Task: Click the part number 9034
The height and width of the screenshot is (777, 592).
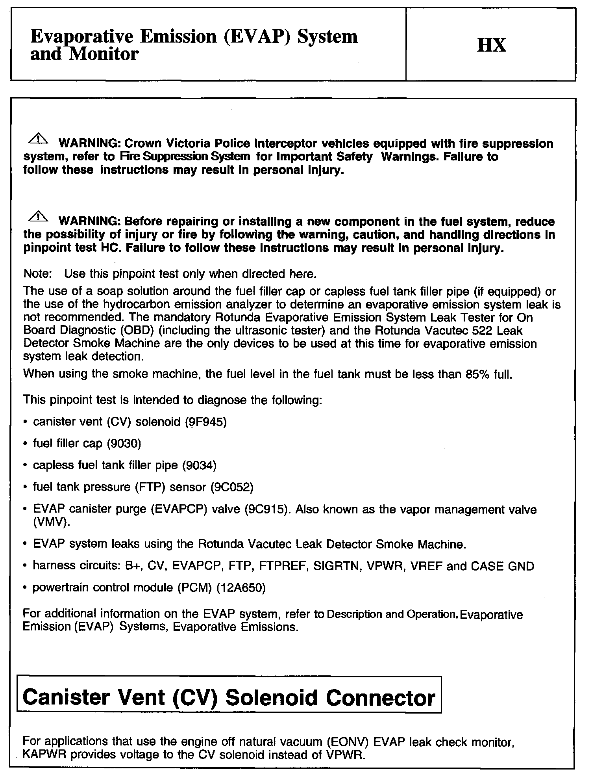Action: click(199, 466)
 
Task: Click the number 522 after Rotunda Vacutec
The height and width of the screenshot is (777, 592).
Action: click(468, 331)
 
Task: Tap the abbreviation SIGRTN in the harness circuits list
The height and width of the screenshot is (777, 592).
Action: click(337, 567)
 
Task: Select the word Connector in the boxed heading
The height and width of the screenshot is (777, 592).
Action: click(380, 698)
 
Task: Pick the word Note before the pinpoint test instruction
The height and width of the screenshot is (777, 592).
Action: click(37, 274)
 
